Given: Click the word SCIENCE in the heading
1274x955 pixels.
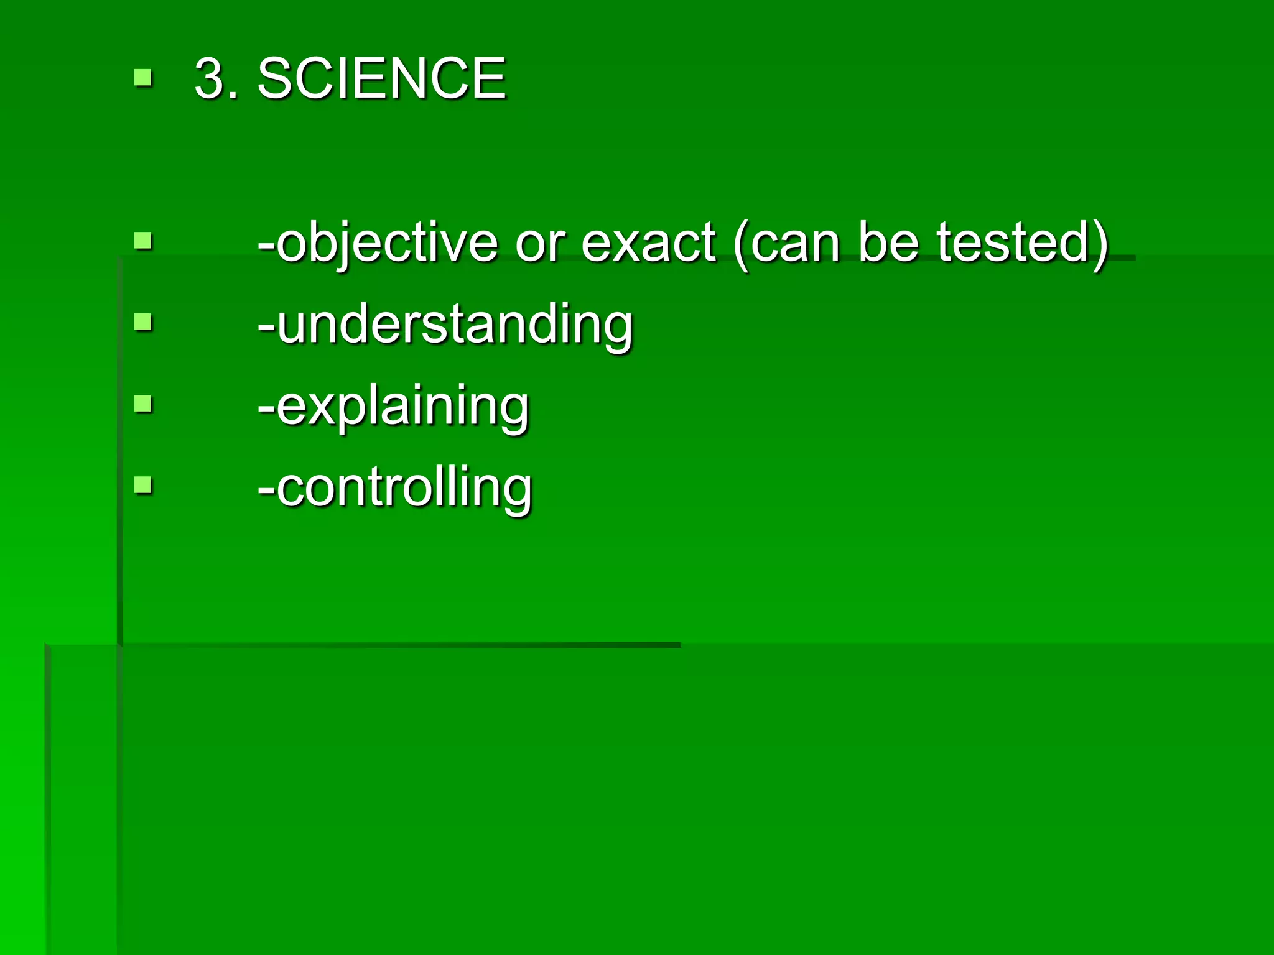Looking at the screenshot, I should pyautogui.click(x=381, y=78).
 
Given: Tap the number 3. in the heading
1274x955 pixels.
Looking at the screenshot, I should pyautogui.click(x=216, y=78).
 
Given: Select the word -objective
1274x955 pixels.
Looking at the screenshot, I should pyautogui.click(x=378, y=242).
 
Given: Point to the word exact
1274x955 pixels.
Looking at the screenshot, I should pyautogui.click(x=648, y=242).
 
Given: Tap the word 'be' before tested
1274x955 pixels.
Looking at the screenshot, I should pyautogui.click(x=888, y=242).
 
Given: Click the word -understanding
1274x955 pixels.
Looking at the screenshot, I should pyautogui.click(x=445, y=325).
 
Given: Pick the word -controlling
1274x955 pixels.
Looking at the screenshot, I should pyautogui.click(x=395, y=487).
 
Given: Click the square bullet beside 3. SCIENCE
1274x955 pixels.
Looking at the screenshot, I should pyautogui.click(x=143, y=78).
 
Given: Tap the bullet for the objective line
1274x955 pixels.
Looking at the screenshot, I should pyautogui.click(x=143, y=241).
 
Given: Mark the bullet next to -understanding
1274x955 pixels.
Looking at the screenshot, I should pyautogui.click(x=143, y=323).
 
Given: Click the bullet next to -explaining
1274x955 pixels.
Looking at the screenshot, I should pyautogui.click(x=143, y=404).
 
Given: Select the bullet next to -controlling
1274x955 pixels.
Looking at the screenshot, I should pyautogui.click(x=143, y=485).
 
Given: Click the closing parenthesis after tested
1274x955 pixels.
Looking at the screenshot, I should pyautogui.click(x=1100, y=244).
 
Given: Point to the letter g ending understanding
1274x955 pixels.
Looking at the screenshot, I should pyautogui.click(x=616, y=330).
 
